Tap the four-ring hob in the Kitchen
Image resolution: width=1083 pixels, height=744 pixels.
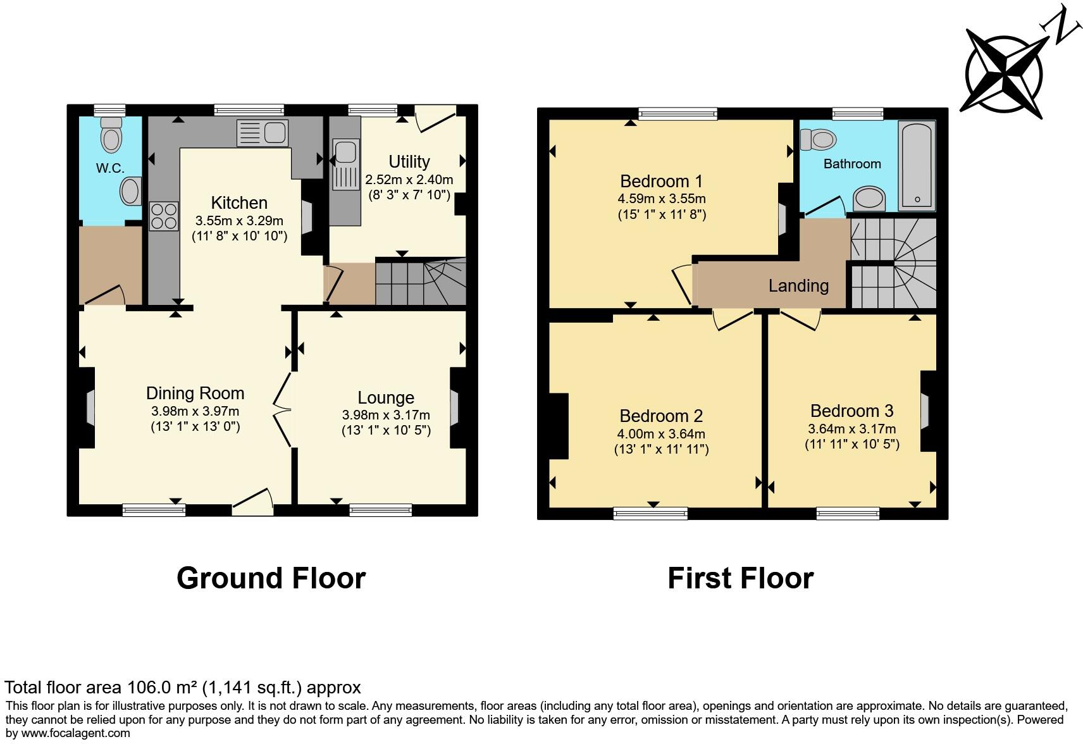164,216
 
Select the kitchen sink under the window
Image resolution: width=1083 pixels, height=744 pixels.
263,133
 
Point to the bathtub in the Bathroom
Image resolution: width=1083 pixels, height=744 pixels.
917,165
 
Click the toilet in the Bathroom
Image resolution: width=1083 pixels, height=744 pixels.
818,140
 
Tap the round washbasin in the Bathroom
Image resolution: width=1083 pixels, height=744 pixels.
869,199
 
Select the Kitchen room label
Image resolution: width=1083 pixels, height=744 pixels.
239,202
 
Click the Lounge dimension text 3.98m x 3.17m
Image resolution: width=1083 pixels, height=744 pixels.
386,415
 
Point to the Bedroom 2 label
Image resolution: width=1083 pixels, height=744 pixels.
661,416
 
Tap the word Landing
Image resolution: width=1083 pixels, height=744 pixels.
799,286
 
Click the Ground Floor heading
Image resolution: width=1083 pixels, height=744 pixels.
271,578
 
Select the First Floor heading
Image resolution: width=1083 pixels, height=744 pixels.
741,578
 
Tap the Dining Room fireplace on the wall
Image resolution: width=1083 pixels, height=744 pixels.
90,408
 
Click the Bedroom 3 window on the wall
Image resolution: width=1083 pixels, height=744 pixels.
848,513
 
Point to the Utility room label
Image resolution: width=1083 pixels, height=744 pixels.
409,161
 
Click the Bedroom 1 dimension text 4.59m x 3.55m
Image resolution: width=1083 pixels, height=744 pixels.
662,199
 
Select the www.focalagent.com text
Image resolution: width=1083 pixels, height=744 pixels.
76,733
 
